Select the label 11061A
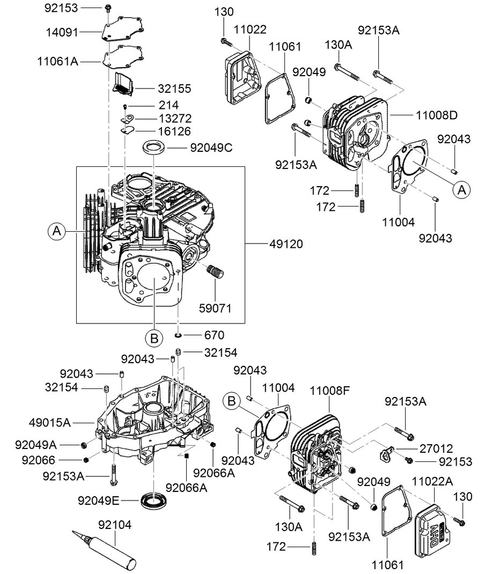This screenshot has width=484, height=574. (x=58, y=61)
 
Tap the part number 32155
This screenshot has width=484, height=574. (x=174, y=89)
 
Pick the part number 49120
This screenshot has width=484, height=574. (x=287, y=244)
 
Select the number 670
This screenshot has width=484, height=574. (x=214, y=335)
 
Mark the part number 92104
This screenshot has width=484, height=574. (x=114, y=524)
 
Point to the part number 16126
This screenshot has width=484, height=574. (x=174, y=131)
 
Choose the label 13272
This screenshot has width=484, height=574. (x=174, y=118)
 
